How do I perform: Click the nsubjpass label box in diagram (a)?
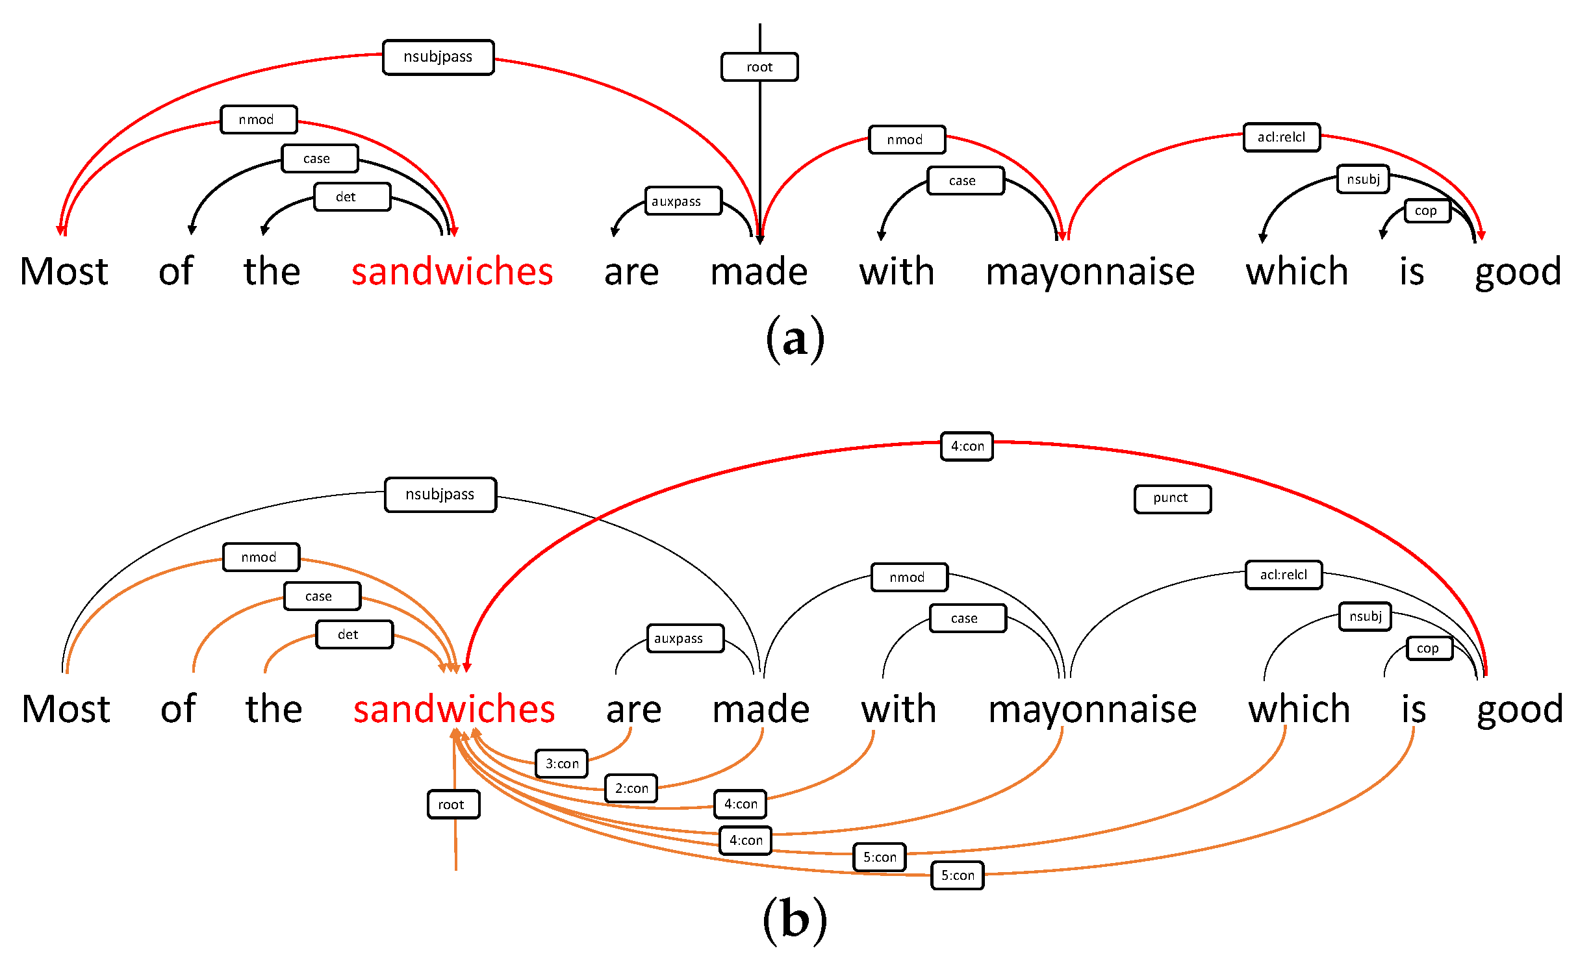(x=438, y=57)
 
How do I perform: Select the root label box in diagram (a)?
(x=759, y=67)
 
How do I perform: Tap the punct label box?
(x=1172, y=499)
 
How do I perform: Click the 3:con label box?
(x=561, y=763)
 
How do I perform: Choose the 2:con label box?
(x=631, y=788)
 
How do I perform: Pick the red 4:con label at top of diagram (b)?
(x=966, y=446)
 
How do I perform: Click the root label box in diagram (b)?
(x=453, y=804)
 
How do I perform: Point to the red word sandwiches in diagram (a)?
(x=452, y=271)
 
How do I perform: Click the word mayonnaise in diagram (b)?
(x=1092, y=709)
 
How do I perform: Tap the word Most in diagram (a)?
(x=64, y=271)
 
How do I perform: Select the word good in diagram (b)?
(x=1520, y=709)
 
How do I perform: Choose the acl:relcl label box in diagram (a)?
(x=1281, y=137)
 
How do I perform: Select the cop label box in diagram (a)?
(x=1427, y=210)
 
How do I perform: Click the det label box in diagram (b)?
(x=354, y=634)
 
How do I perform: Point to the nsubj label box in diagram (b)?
(x=1364, y=616)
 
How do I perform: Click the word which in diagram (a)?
(x=1297, y=271)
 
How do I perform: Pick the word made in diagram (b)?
(x=761, y=709)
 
